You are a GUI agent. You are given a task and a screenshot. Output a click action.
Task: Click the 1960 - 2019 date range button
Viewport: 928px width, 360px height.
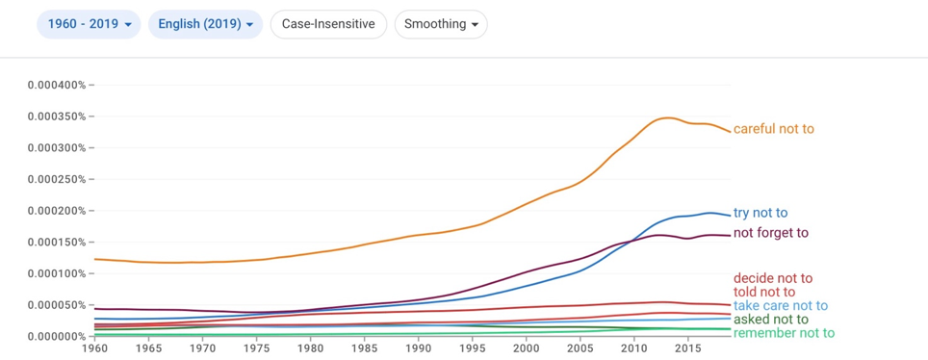(89, 24)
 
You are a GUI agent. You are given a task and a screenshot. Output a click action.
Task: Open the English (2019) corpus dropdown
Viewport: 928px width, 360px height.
(205, 24)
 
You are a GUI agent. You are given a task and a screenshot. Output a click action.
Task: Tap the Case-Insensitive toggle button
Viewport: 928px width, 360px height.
(328, 24)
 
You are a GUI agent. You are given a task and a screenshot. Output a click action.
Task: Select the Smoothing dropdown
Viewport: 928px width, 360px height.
(441, 24)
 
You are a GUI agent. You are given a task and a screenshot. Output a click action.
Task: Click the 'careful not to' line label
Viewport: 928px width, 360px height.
(774, 129)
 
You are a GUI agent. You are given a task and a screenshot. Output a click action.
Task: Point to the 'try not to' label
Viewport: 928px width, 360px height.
(760, 213)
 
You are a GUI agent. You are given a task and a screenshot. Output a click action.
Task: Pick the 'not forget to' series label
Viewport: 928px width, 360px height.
(770, 233)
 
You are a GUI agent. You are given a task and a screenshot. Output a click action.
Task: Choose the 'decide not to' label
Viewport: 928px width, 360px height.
(773, 278)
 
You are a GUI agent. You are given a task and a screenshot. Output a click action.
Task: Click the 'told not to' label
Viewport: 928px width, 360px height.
(764, 292)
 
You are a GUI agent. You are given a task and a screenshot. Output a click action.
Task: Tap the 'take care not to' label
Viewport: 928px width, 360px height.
(780, 306)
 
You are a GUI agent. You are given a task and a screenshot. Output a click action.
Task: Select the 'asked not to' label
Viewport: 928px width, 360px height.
(770, 320)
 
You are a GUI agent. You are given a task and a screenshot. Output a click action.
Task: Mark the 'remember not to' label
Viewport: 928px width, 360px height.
(784, 333)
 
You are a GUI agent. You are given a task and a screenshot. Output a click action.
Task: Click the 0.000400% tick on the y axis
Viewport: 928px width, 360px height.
(57, 86)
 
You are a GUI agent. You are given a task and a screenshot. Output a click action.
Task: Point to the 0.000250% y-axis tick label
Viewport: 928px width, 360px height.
(57, 179)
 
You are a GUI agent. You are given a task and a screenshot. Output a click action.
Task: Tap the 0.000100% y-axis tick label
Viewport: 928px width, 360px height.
(57, 273)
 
